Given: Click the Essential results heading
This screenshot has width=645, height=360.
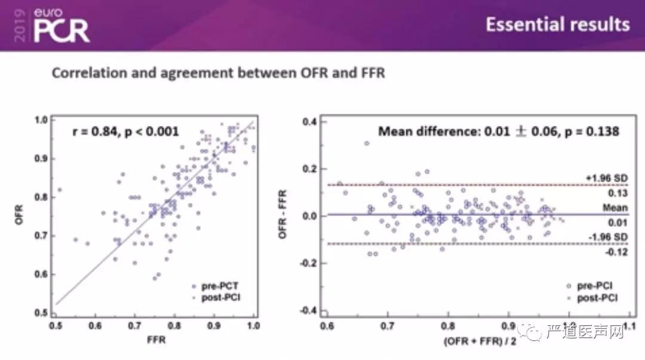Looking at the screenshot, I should coord(557,24).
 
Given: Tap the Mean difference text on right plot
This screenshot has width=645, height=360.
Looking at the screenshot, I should coord(499,130).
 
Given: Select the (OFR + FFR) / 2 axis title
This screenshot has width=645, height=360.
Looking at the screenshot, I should coord(477,341).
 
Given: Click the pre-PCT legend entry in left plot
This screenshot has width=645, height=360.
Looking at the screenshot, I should coord(218,287).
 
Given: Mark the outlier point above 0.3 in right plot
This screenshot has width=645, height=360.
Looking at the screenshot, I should coord(367,143).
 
